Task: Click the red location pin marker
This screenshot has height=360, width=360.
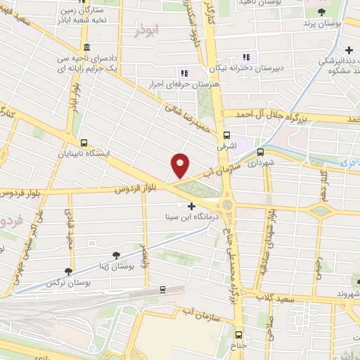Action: pyautogui.click(x=181, y=165)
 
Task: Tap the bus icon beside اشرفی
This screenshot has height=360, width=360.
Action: pyautogui.click(x=226, y=136)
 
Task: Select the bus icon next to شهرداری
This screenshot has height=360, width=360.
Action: pyautogui.click(x=260, y=151)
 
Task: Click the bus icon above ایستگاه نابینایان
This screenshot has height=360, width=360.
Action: pyautogui.click(x=84, y=142)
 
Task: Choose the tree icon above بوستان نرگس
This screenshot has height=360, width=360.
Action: pyautogui.click(x=68, y=271)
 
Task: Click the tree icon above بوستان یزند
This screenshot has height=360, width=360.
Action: pyautogui.click(x=321, y=13)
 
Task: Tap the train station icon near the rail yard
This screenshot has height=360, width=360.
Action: pyautogui.click(x=162, y=288)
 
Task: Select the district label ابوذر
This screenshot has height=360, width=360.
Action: pyautogui.click(x=149, y=32)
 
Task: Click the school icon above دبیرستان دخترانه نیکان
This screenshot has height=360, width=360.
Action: pyautogui.click(x=245, y=57)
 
